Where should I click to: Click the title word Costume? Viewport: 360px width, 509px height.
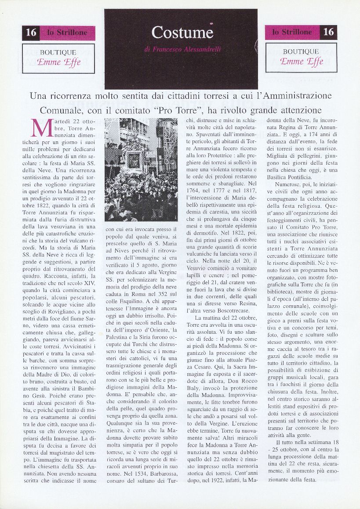point(182,32)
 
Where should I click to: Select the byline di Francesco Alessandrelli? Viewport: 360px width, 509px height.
point(182,50)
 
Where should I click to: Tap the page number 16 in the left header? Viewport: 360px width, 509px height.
point(31,32)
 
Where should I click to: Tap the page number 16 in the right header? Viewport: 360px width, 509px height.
point(328,32)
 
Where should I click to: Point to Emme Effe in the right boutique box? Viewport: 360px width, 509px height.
point(302,61)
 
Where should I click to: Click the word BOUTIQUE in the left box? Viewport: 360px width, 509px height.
point(58,52)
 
